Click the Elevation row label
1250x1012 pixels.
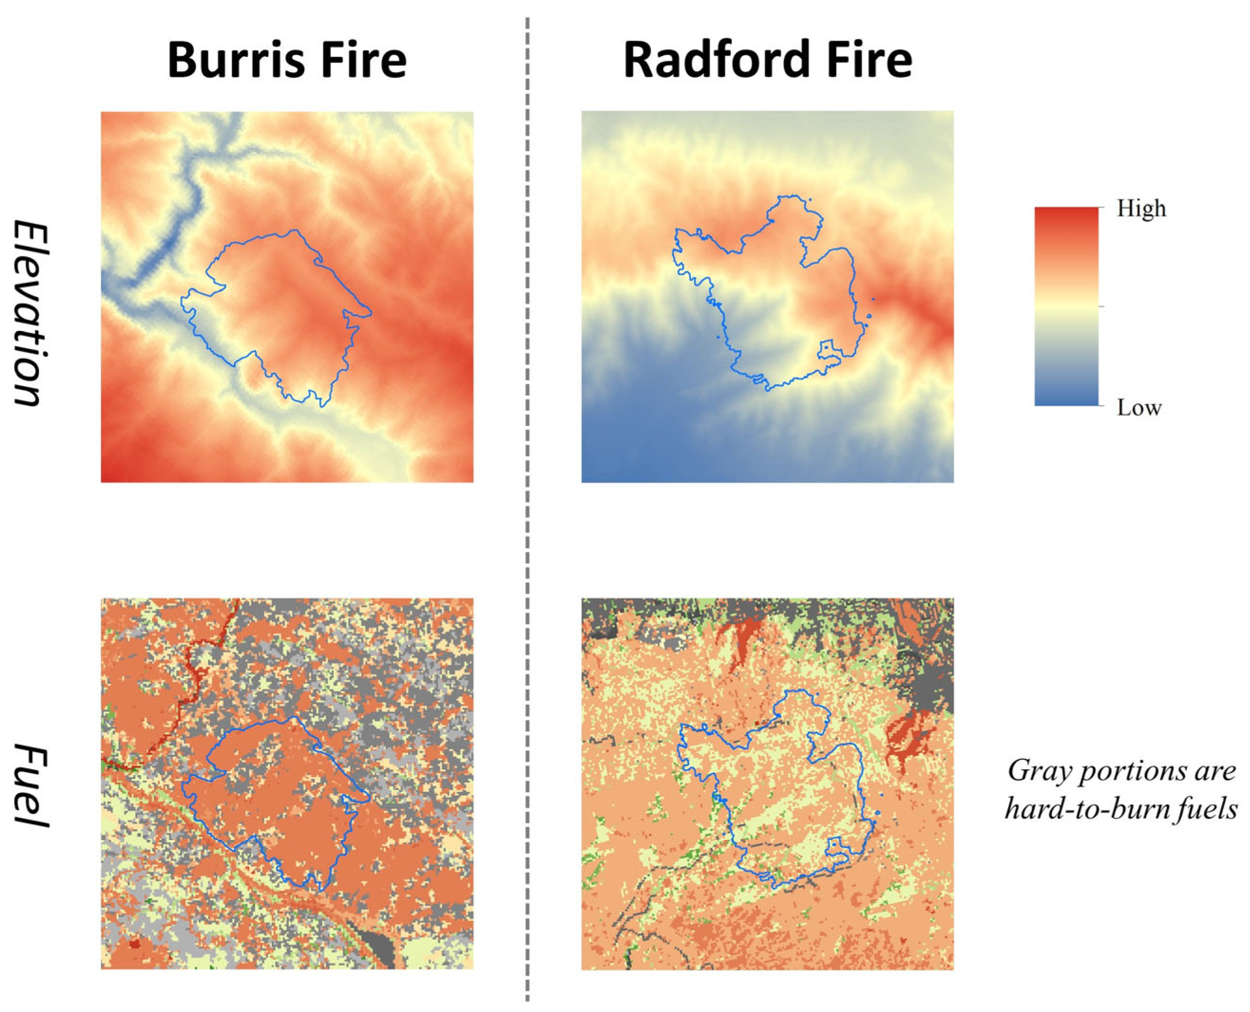pyautogui.click(x=28, y=313)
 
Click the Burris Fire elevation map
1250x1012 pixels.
pyautogui.click(x=287, y=297)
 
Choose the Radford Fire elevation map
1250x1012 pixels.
pyautogui.click(x=767, y=297)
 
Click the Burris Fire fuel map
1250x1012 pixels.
pyautogui.click(x=287, y=784)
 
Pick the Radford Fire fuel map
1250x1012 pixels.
pyautogui.click(x=767, y=784)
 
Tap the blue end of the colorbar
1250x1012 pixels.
pyautogui.click(x=1066, y=399)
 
